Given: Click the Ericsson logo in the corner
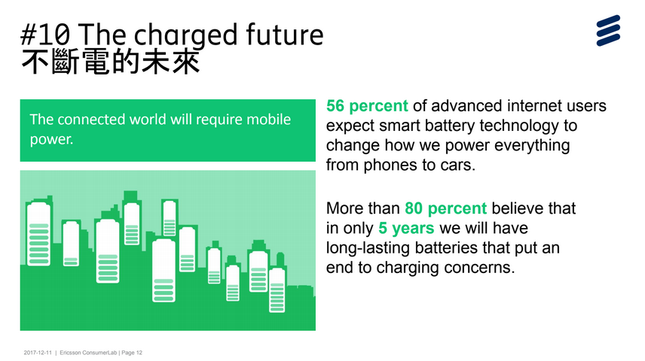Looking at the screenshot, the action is point(608,30).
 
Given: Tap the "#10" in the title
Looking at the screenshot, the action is point(45,35).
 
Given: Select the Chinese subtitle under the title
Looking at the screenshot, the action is point(111,62).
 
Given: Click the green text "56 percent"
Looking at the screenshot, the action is point(367,106).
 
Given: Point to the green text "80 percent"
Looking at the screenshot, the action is point(445,208).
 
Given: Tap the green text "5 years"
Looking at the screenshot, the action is point(406,229).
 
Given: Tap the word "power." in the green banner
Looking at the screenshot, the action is point(51,140).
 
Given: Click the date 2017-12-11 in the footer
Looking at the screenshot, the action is point(38,353).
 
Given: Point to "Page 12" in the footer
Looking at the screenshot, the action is point(132,353).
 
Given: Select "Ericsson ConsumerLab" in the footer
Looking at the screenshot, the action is point(88,353).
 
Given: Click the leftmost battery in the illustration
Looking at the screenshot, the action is point(38,234).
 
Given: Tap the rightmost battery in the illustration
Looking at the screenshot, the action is point(277,290).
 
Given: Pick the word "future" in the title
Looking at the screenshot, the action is point(285,35).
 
